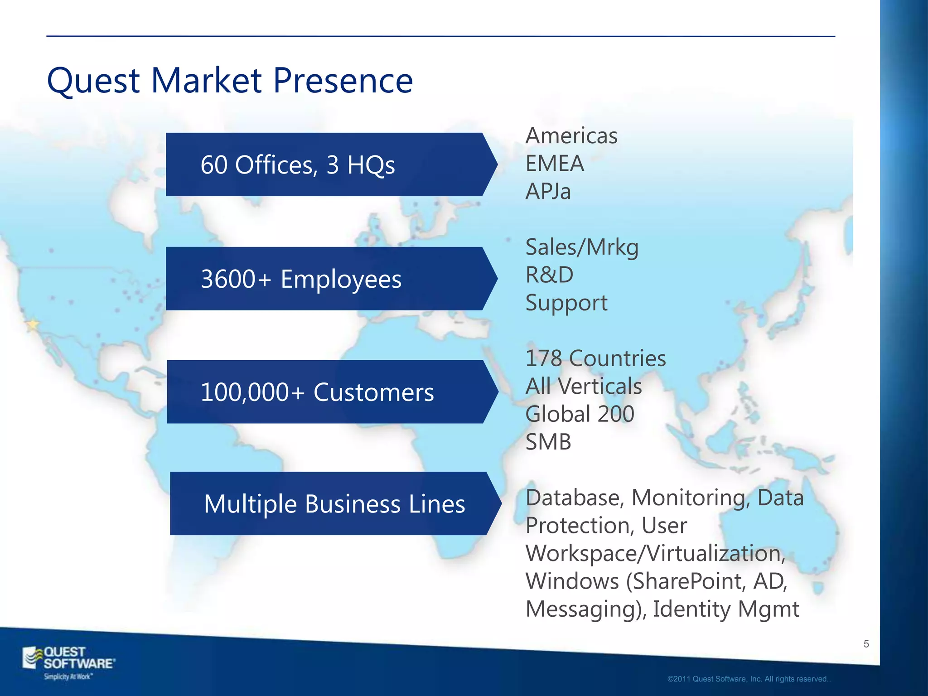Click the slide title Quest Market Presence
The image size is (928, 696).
click(230, 81)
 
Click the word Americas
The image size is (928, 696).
click(571, 136)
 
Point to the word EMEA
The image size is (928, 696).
click(555, 164)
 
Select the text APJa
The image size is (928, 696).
click(548, 191)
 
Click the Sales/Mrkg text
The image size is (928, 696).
click(582, 247)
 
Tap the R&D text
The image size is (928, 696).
click(549, 275)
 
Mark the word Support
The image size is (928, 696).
click(566, 303)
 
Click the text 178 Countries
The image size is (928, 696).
click(595, 358)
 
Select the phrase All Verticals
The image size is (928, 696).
click(583, 387)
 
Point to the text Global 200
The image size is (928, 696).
click(580, 414)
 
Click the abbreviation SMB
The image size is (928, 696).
click(548, 442)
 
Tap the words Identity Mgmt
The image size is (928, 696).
click(726, 609)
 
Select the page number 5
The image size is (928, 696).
click(866, 644)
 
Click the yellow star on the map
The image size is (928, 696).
click(33, 324)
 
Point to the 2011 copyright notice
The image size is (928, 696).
click(749, 679)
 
